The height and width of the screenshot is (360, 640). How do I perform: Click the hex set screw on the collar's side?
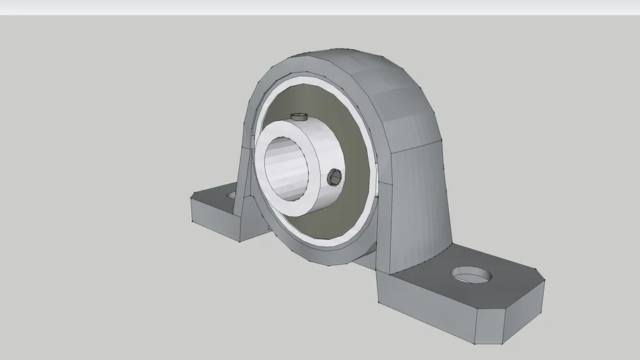pyautogui.click(x=335, y=176)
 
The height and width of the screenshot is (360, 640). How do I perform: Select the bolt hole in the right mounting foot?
pyautogui.click(x=471, y=274)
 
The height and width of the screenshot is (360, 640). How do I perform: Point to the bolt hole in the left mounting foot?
pyautogui.click(x=232, y=194)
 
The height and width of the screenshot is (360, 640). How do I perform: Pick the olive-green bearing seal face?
pyautogui.click(x=352, y=204)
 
